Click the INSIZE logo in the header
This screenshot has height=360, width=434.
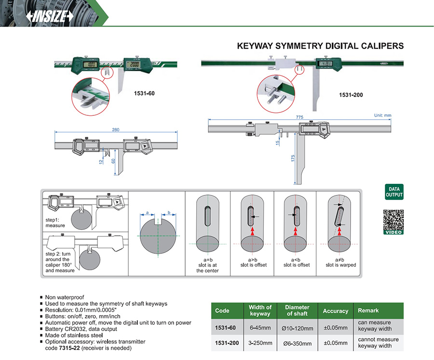click(x=50, y=16)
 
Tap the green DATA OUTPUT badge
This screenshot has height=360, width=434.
click(x=393, y=192)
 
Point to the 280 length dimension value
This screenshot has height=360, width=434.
click(x=116, y=129)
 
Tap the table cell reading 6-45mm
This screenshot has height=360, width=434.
click(x=260, y=328)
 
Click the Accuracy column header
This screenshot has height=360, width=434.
click(x=335, y=311)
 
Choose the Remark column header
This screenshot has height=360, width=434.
click(x=368, y=310)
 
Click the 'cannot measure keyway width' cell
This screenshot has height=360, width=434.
click(x=378, y=342)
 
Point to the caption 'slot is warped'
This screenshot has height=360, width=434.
click(x=340, y=265)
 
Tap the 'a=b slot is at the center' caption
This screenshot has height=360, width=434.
click(x=207, y=265)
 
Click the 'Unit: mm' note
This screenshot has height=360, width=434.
click(x=382, y=115)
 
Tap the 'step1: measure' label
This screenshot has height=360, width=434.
click(x=55, y=222)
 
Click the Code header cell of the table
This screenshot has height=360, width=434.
click(x=222, y=310)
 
